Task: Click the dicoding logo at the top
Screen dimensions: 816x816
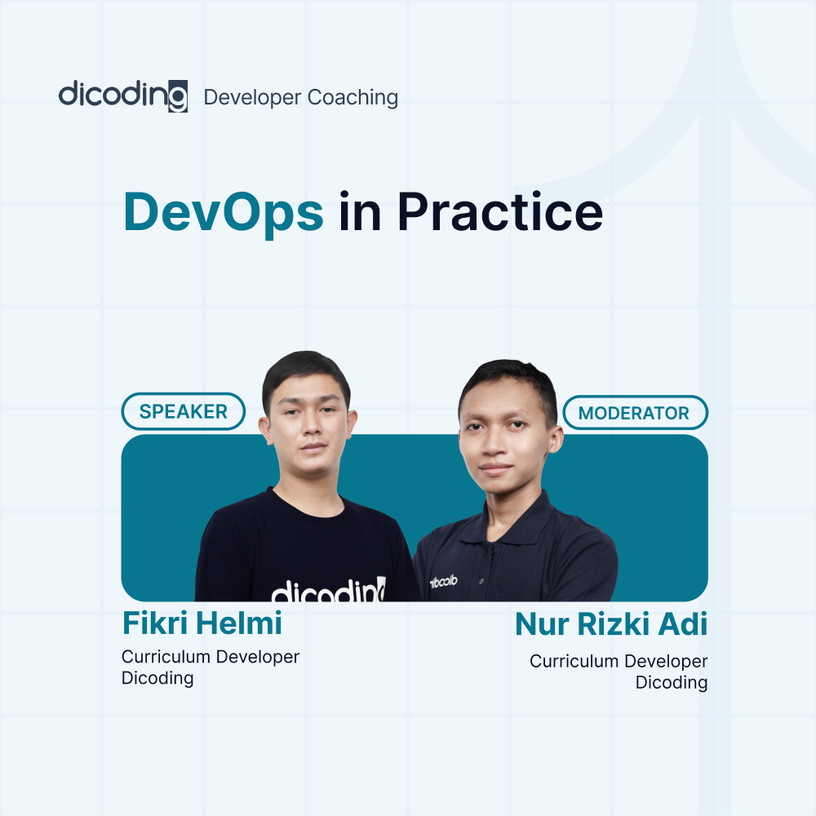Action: pyautogui.click(x=122, y=95)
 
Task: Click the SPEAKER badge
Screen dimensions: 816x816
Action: pyautogui.click(x=183, y=412)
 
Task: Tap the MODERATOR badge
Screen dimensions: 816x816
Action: pyautogui.click(x=634, y=413)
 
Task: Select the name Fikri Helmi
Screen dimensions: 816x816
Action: pyautogui.click(x=202, y=623)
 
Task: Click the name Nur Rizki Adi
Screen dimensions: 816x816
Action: pyautogui.click(x=610, y=626)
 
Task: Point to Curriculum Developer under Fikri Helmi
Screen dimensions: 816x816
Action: pyautogui.click(x=211, y=657)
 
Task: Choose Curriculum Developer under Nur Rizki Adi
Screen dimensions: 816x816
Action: pyautogui.click(x=619, y=661)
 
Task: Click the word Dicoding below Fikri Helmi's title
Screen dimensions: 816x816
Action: pyautogui.click(x=157, y=678)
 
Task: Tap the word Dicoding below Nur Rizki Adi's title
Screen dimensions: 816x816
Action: pyautogui.click(x=671, y=682)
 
